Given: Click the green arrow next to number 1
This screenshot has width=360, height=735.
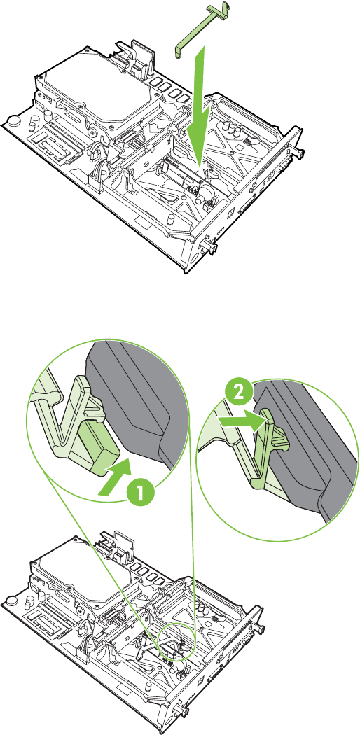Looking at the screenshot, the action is pyautogui.click(x=114, y=479).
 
